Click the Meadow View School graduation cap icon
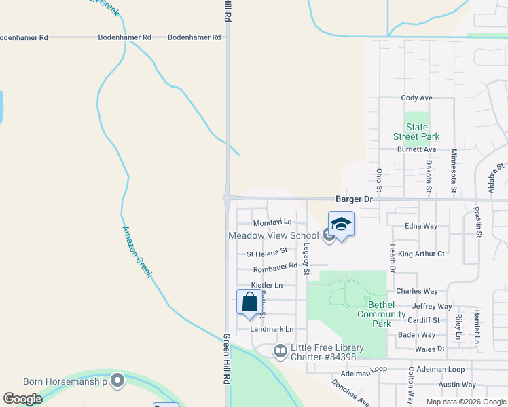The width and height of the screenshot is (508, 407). (x=341, y=225)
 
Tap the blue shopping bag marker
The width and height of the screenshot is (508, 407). (x=249, y=301)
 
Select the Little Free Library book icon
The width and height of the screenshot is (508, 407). (x=280, y=351)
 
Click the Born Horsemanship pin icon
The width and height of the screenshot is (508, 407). (x=117, y=381)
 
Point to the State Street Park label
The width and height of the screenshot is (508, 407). (x=417, y=132)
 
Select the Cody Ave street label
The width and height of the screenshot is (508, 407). (x=416, y=98)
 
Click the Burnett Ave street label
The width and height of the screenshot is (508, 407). (x=416, y=149)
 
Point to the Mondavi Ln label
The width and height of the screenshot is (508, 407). (x=272, y=222)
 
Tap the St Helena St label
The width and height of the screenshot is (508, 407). (x=267, y=254)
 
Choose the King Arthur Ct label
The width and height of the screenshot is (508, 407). (x=421, y=254)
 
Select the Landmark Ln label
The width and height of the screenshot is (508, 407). (x=271, y=329)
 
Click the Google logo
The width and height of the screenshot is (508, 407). (x=22, y=399)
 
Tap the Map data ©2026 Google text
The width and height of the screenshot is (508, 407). (x=466, y=402)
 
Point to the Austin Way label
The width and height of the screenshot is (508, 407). (x=456, y=384)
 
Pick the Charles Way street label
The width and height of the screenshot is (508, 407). (x=416, y=291)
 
